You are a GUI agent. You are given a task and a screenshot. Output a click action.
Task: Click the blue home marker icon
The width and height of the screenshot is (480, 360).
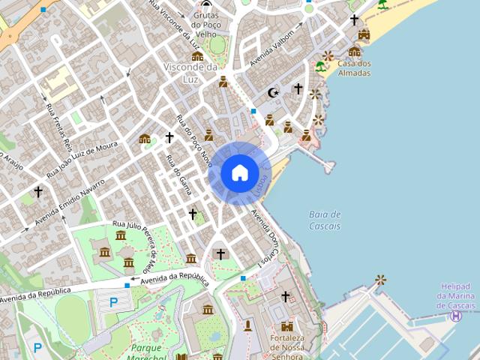click(240, 173)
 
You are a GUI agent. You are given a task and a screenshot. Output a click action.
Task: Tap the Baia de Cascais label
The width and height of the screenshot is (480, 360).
click(325, 220)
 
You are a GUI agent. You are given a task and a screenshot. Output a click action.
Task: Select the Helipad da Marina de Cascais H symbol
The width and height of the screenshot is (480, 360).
click(455, 316)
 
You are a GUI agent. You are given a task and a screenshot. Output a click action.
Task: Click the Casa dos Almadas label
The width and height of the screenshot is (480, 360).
click(354, 68)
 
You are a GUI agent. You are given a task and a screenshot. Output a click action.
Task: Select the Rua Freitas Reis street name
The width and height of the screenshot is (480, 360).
click(57, 127)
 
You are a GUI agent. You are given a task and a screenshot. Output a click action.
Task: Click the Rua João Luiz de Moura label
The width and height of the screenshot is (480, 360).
click(82, 158)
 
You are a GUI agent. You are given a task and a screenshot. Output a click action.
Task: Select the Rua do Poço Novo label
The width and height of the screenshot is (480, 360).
click(193, 139)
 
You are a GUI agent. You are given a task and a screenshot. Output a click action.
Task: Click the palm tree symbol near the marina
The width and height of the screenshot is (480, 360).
click(381, 280)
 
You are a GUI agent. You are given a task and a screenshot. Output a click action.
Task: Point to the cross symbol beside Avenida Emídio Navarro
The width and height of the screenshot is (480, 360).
click(38, 192)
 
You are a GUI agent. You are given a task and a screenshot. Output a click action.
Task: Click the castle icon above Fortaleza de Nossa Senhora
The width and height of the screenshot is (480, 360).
click(287, 326)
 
